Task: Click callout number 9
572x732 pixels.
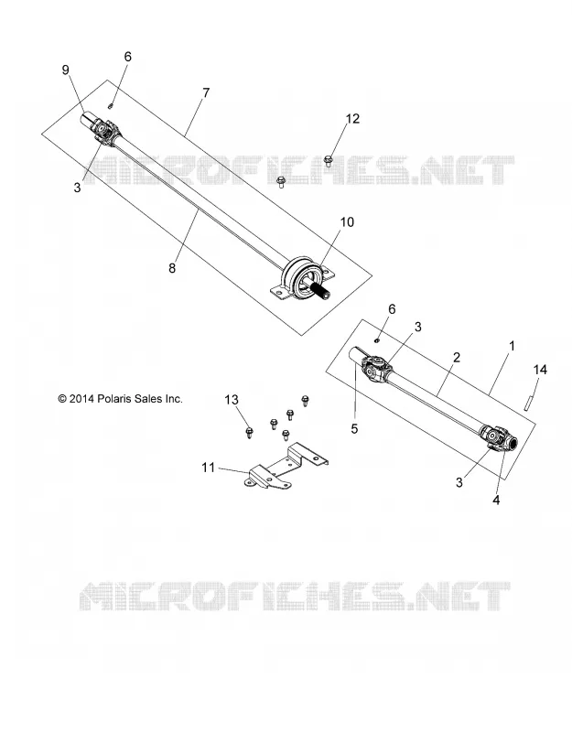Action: [65, 70]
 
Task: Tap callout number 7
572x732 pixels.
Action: [206, 93]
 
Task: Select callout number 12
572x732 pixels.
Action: [352, 119]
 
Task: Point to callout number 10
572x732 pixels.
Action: [347, 222]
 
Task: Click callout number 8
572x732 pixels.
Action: [172, 268]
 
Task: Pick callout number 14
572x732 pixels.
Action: [540, 370]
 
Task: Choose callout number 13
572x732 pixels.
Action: [232, 400]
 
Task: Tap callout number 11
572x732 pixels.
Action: [209, 468]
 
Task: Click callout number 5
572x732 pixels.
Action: [354, 428]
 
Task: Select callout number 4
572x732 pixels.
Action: [496, 500]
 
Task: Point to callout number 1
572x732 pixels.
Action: [512, 347]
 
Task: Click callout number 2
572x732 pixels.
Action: [457, 358]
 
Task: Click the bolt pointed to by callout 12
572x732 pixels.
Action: [328, 162]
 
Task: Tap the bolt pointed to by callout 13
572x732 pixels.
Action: [249, 432]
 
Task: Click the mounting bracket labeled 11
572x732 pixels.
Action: [286, 468]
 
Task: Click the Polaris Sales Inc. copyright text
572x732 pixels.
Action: [121, 399]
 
